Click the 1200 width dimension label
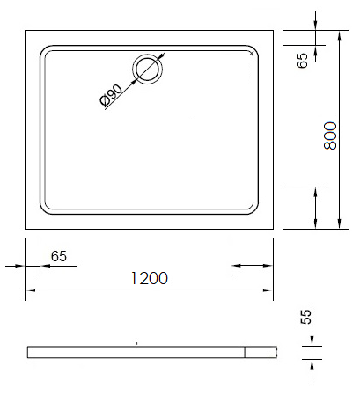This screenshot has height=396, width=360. [x=150, y=278]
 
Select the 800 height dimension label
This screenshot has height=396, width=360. [x=331, y=136]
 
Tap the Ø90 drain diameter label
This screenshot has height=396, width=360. [x=111, y=95]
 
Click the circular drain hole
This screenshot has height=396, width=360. [x=148, y=69]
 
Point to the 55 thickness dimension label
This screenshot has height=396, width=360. [x=305, y=317]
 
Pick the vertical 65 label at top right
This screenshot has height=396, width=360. [x=302, y=61]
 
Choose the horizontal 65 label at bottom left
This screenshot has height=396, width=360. [x=59, y=256]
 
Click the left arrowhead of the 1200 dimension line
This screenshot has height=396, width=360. [x=31, y=290]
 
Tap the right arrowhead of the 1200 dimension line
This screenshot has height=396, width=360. [x=268, y=290]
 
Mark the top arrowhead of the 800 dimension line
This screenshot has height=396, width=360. [x=340, y=36]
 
